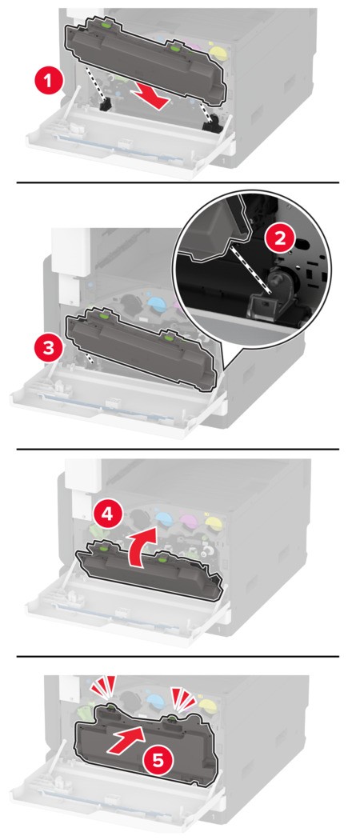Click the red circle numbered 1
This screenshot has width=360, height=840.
[x=48, y=82]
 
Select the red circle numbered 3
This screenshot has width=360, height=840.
[x=48, y=348]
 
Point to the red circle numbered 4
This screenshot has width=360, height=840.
[x=107, y=515]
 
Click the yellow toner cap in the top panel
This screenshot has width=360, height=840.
[x=217, y=51]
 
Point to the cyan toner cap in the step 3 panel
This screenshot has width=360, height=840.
[x=156, y=304]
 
